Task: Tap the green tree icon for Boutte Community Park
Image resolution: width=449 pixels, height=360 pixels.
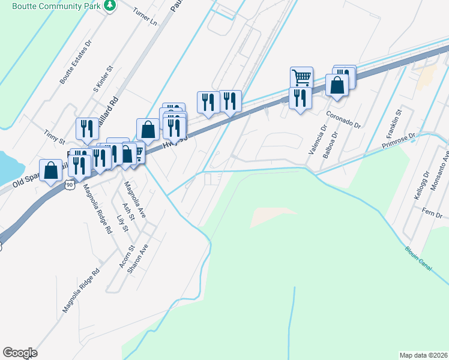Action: coord(110,5)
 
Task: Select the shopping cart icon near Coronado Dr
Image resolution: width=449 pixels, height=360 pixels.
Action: coord(301,76)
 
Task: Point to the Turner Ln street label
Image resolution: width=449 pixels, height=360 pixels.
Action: coord(145,20)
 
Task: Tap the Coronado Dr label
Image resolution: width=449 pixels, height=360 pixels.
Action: coord(343,119)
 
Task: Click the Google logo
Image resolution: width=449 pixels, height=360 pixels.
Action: coord(20,353)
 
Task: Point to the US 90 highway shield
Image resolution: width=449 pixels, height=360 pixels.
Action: coord(70,186)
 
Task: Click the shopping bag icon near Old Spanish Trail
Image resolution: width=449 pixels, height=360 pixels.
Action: coord(51,170)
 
